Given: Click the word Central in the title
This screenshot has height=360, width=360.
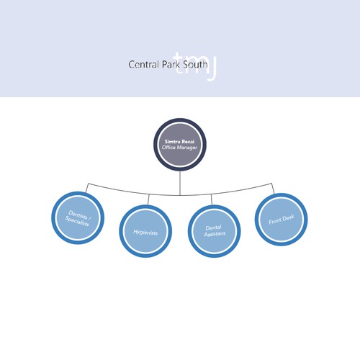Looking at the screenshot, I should [x=143, y=65].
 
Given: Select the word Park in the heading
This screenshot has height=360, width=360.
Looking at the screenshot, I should [x=170, y=65].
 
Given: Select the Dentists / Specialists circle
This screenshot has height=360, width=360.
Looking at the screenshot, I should [x=78, y=216].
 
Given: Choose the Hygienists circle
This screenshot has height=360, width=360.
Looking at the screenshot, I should [x=145, y=231].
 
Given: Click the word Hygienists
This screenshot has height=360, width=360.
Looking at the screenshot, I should [x=145, y=232].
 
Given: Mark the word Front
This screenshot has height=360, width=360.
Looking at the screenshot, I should [x=276, y=218].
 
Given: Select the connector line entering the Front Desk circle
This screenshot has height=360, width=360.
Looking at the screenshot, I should [x=274, y=186].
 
